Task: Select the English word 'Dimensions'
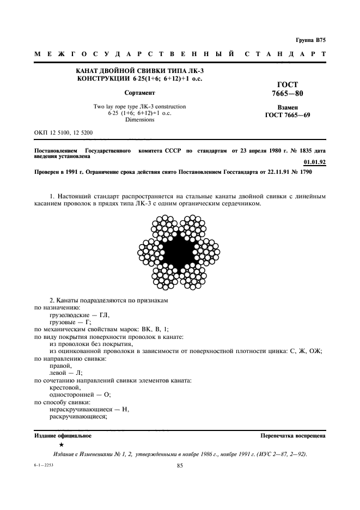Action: click(x=139, y=119)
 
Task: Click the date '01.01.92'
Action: click(x=314, y=162)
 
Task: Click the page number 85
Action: click(x=180, y=465)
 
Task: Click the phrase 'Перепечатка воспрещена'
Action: click(x=293, y=436)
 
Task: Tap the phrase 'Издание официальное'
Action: click(x=63, y=436)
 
